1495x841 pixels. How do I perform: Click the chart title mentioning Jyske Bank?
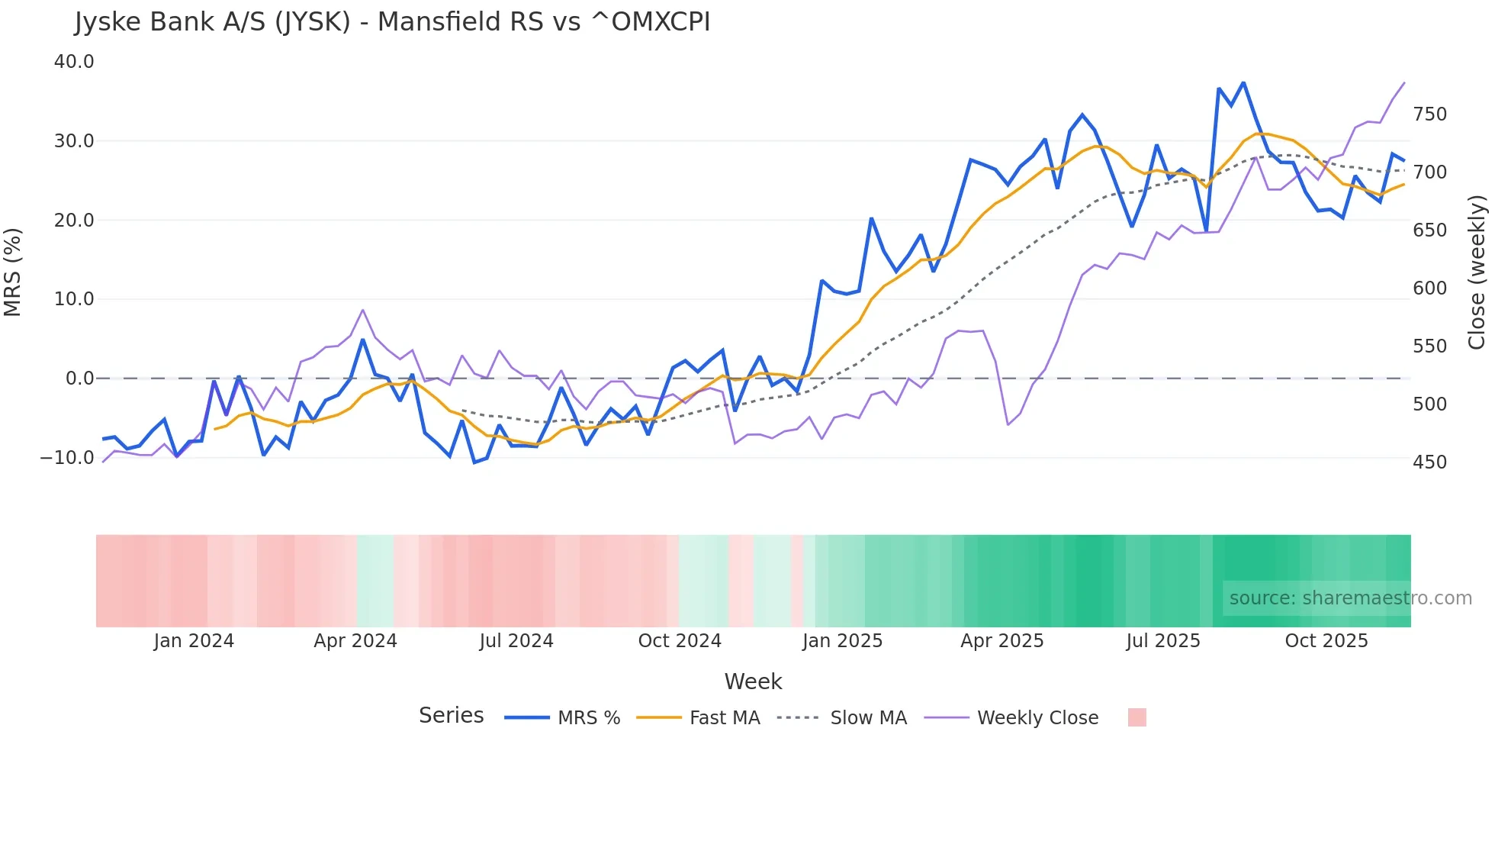[x=392, y=22]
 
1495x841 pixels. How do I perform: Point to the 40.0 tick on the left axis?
[x=74, y=62]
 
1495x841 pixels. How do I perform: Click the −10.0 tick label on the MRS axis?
[x=67, y=458]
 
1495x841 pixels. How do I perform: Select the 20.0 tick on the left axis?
[x=74, y=221]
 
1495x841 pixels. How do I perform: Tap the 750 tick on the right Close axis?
[x=1429, y=114]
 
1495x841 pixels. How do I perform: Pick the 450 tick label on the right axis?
[x=1429, y=462]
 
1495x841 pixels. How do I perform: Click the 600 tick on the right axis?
[x=1429, y=288]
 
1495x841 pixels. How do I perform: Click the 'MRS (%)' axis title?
[x=13, y=272]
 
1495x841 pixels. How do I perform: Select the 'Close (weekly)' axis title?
[x=1477, y=272]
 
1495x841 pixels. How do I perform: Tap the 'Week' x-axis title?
[x=753, y=681]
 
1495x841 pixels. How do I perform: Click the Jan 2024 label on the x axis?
[x=194, y=641]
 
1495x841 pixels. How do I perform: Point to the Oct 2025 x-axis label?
[x=1326, y=641]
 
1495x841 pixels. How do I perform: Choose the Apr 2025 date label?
[x=1001, y=641]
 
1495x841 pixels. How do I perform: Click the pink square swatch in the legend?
[x=1137, y=717]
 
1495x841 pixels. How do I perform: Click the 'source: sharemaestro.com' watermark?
[x=1350, y=598]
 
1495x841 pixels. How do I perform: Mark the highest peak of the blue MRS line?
[x=1243, y=82]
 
